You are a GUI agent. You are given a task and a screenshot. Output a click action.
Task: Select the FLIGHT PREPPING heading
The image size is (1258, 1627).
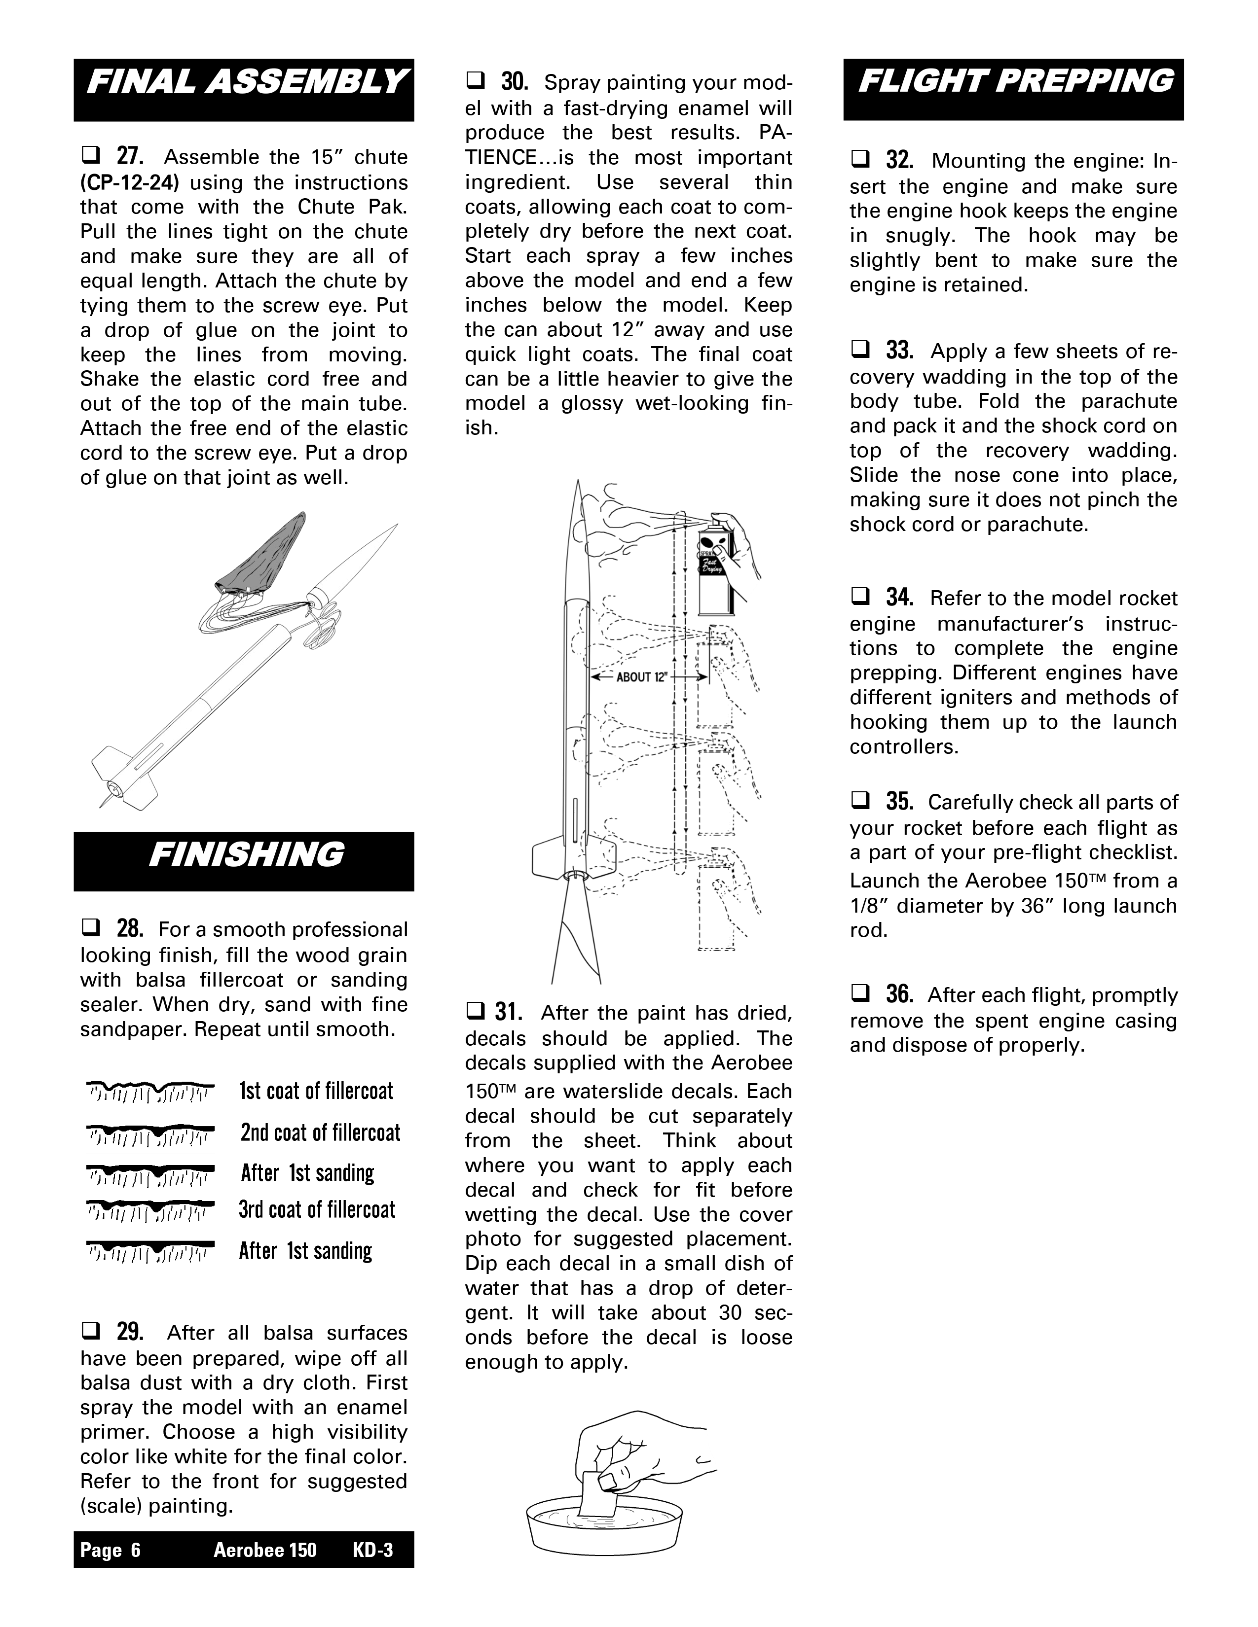click(x=1014, y=82)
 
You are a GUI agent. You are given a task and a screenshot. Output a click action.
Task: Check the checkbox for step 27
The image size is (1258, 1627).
click(x=90, y=156)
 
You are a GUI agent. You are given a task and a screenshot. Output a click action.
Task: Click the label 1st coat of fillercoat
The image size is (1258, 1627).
click(x=316, y=1092)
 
